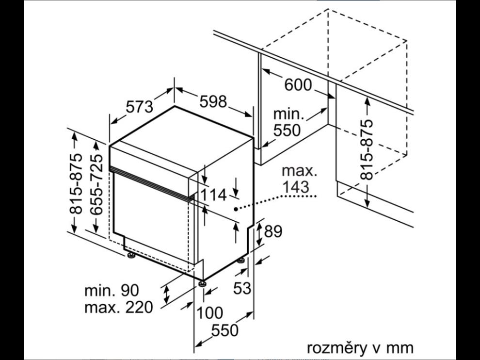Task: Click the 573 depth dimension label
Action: point(139,107)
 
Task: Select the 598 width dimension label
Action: point(213,101)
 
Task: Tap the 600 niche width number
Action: point(298,85)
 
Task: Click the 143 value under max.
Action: point(296,187)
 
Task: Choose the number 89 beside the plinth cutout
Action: point(273,231)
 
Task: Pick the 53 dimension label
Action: point(242,288)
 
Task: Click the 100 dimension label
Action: point(209,313)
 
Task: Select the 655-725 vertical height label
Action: point(97,184)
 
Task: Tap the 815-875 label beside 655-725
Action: point(76,183)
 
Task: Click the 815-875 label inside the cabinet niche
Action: point(367,150)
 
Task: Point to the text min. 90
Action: point(112,290)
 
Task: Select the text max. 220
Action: point(118,307)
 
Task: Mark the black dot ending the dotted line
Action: point(236,209)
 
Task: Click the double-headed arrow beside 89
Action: point(259,234)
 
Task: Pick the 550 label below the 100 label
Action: point(224,330)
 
